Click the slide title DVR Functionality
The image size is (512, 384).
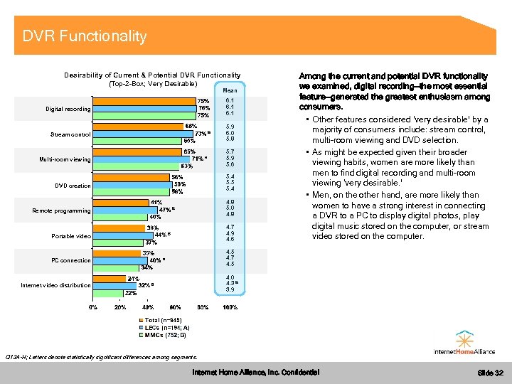[84, 36]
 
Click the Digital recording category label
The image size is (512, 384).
[68, 110]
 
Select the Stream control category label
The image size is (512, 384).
[70, 134]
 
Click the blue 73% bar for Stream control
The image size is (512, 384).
[142, 134]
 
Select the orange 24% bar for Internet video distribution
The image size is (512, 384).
[109, 279]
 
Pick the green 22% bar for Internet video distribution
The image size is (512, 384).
[107, 292]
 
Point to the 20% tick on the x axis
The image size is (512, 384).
[120, 307]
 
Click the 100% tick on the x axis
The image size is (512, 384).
[230, 307]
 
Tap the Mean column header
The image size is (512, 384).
[230, 91]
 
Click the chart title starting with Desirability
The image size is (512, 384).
[152, 80]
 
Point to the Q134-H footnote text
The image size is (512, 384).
[100, 356]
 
